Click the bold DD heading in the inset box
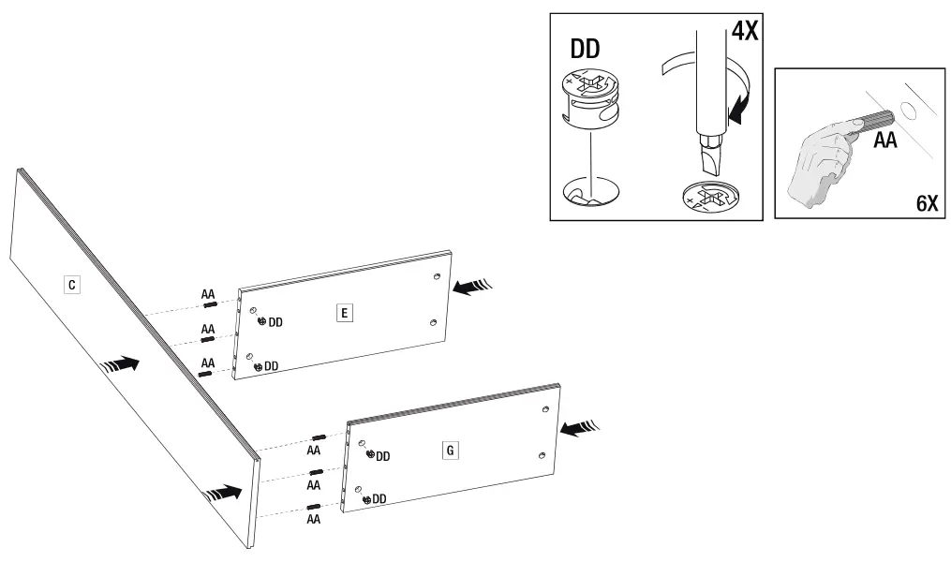(586, 50)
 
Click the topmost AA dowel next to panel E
(210, 304)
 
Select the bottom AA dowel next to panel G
(317, 509)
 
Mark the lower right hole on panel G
(542, 454)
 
